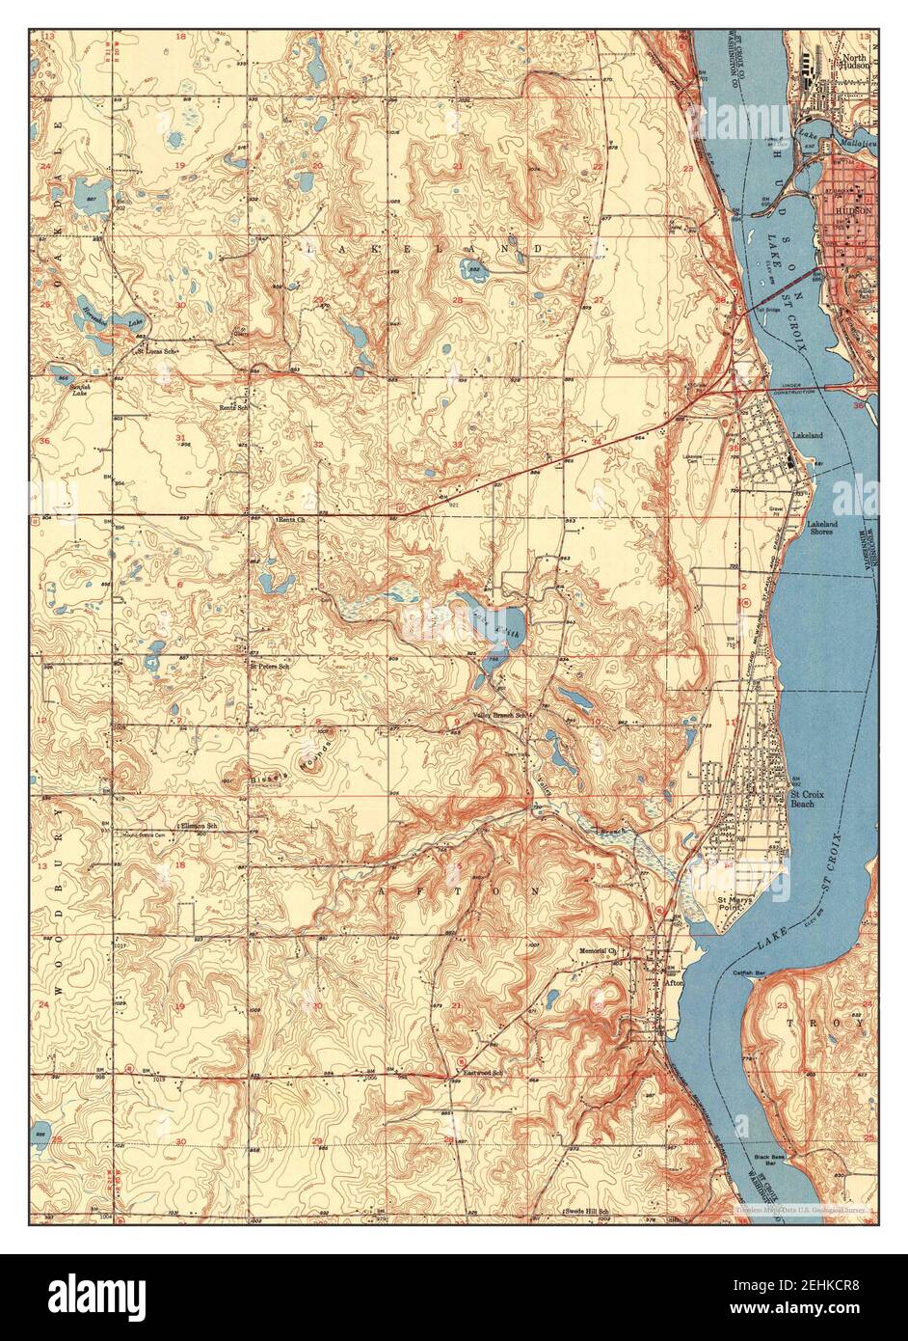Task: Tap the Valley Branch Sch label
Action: click(502, 715)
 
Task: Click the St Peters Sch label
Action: click(270, 666)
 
